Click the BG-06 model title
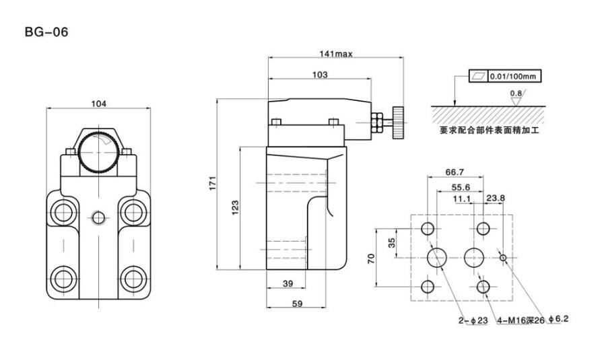coord(46,32)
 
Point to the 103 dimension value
coord(320,75)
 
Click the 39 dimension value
coord(288,285)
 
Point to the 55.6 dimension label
coord(461,188)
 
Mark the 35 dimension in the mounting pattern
coord(391,242)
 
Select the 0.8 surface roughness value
coord(516,93)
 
